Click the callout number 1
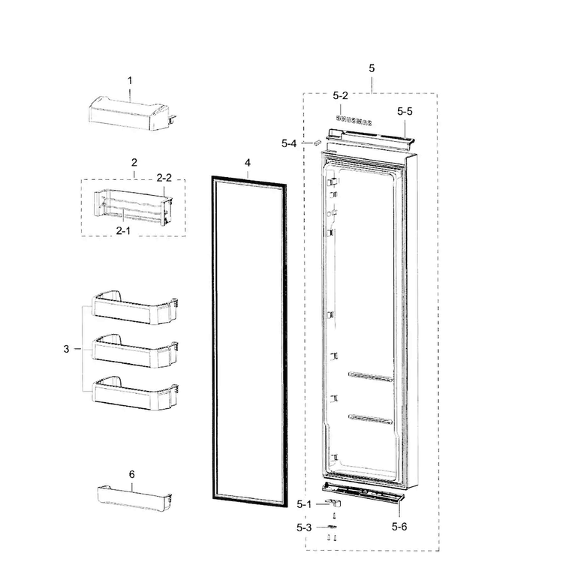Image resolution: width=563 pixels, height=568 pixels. point(130,80)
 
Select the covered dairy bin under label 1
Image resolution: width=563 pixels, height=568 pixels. point(133,113)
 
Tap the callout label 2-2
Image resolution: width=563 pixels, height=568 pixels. point(164,178)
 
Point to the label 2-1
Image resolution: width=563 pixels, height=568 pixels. point(123,230)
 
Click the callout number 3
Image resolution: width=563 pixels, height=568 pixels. point(66,349)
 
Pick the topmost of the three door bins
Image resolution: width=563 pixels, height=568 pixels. point(135,307)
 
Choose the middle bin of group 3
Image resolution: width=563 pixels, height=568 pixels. point(135,350)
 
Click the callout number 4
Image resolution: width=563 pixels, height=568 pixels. point(248,163)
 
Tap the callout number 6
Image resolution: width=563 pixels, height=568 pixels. point(132,474)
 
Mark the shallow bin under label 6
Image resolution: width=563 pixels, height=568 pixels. point(134,497)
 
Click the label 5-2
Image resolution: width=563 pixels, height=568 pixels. point(340,95)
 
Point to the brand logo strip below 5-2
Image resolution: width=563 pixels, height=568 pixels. point(354,121)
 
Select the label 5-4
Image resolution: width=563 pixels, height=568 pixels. point(289,143)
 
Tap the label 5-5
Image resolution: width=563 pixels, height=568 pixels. point(405,111)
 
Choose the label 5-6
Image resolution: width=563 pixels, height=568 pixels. point(399,527)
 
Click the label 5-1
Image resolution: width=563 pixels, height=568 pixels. point(304,504)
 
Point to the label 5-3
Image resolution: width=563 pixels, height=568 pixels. point(304,527)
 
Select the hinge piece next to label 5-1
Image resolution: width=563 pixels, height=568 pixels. point(334,503)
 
